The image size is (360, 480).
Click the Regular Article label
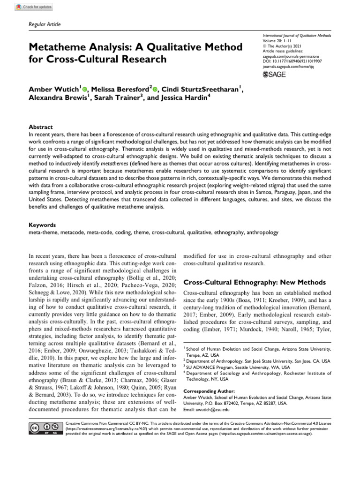(x=45, y=24)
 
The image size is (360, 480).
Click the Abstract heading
(x=41, y=127)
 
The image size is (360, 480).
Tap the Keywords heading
(x=43, y=225)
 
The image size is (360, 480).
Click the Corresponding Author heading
(x=209, y=390)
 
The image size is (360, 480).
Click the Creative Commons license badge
(x=45, y=428)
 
